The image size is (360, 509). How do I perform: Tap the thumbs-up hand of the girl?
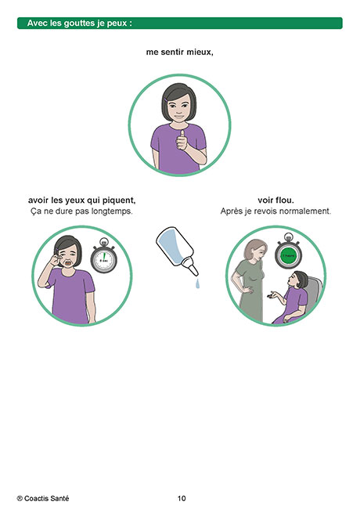click(x=182, y=141)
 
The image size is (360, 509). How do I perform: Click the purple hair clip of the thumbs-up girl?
click(x=166, y=99)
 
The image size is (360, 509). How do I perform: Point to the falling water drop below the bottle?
click(x=197, y=283)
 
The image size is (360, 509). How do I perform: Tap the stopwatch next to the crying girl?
click(x=104, y=256)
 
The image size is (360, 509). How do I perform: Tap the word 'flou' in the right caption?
click(x=285, y=200)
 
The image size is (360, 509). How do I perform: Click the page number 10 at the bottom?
click(x=182, y=498)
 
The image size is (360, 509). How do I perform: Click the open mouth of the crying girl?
click(x=68, y=263)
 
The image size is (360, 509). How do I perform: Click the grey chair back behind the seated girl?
click(x=314, y=292)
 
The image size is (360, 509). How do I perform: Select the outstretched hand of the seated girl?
click(x=272, y=295)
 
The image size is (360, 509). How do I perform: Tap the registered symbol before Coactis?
click(x=20, y=499)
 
